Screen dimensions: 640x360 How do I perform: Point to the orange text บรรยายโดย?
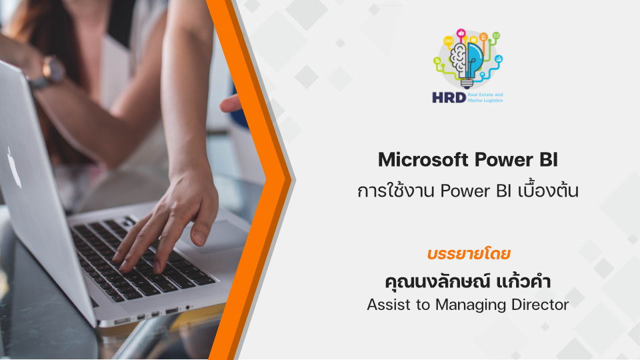click(469, 254)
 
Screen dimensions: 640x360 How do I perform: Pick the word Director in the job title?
click(540, 305)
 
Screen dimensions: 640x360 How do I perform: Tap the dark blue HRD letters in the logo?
click(449, 97)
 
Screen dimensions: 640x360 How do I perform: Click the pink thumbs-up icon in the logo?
click(461, 33)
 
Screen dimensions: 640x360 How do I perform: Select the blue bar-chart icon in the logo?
click(499, 59)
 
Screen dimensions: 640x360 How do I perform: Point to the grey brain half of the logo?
click(459, 61)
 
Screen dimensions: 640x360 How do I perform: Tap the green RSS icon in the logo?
click(437, 61)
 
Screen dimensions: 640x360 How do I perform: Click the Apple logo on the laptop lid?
click(15, 168)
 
